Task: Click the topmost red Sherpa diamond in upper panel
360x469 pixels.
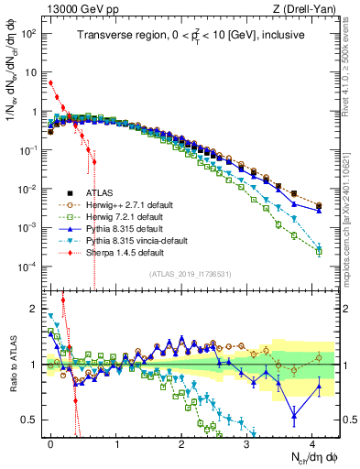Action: click(50, 82)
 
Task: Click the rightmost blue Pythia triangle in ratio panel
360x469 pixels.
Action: click(319, 386)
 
